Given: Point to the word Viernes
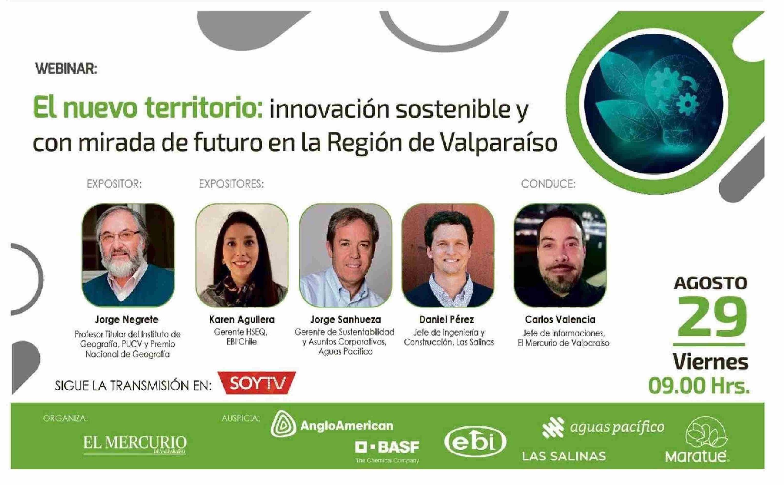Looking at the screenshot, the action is [711, 362].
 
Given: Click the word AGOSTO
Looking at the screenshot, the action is [711, 283].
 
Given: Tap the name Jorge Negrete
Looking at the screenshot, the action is [127, 320].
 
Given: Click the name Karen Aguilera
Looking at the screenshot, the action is [242, 320].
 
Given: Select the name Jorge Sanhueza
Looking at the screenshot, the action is [345, 320].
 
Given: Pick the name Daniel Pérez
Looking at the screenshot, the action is [447, 320].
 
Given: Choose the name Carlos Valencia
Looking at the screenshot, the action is [560, 320].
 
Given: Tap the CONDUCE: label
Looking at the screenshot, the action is [548, 184].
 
